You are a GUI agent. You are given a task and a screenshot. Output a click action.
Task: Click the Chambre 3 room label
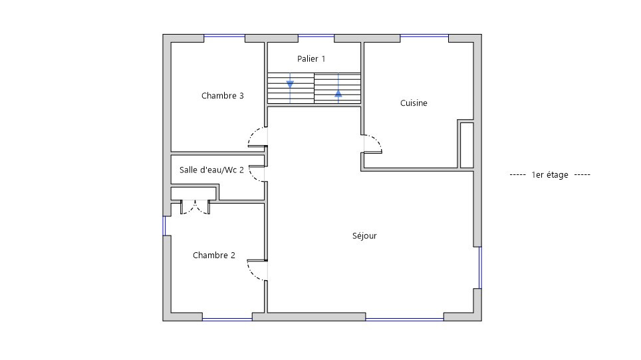(x=222, y=96)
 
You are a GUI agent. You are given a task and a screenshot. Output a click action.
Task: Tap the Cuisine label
(x=414, y=103)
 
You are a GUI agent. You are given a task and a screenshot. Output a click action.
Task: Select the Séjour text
(x=364, y=236)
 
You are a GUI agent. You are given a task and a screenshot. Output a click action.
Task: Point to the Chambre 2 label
(x=214, y=256)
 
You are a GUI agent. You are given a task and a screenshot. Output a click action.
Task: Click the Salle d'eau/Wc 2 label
(x=211, y=170)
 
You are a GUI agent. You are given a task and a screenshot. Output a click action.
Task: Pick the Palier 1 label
(x=311, y=59)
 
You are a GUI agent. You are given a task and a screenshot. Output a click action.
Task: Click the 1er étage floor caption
(x=550, y=175)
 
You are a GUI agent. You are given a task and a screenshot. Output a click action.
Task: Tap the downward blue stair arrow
(x=290, y=85)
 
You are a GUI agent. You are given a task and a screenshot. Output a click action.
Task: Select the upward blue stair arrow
(x=338, y=93)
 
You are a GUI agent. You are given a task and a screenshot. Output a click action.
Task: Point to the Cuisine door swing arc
(x=376, y=140)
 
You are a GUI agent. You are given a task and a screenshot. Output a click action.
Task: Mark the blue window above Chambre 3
(x=225, y=37)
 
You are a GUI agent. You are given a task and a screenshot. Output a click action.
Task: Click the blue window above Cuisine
(x=424, y=37)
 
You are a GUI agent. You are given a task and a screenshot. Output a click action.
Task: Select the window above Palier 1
(x=316, y=37)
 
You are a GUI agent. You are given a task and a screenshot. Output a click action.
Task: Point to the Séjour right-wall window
(x=480, y=268)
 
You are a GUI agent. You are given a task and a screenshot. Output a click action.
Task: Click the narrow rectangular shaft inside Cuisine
(x=467, y=145)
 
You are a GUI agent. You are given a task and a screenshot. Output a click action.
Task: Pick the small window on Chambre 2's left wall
(x=164, y=226)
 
